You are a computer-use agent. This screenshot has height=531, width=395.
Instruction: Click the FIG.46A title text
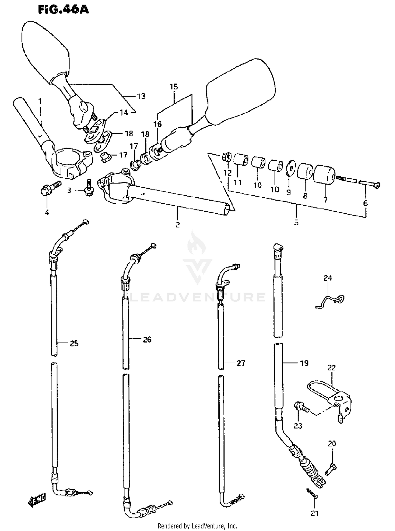coord(63,10)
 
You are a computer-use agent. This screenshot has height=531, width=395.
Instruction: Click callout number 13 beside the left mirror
coord(141,96)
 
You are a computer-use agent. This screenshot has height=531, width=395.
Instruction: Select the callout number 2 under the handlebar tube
coord(177,225)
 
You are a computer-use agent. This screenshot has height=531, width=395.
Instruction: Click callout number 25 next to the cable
coord(74,343)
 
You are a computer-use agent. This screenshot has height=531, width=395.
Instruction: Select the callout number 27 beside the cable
coord(241,363)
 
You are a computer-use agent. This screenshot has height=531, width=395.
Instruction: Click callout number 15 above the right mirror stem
coord(174,87)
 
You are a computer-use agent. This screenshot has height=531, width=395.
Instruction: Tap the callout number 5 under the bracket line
coord(296,222)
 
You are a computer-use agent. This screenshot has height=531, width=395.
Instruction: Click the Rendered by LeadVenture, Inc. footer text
coord(197,526)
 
